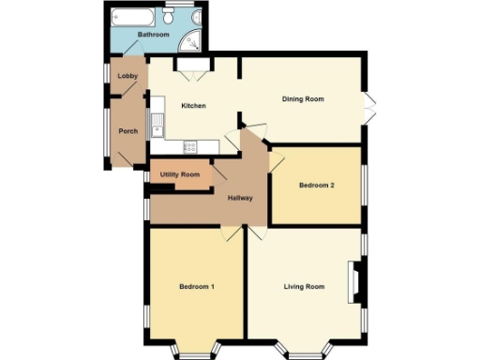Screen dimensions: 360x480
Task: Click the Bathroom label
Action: tap(154, 36)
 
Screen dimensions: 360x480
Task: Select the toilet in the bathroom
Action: tap(169, 19)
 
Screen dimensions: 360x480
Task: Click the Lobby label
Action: tap(127, 76)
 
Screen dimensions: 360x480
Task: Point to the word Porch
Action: tap(127, 130)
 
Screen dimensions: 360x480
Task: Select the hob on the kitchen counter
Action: tap(190, 145)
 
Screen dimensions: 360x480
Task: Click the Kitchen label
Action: tap(193, 106)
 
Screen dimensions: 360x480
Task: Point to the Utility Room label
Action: tap(179, 175)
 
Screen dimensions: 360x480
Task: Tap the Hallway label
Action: tap(240, 198)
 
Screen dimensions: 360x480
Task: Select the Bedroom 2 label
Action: tap(317, 186)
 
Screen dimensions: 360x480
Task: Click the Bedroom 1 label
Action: tap(197, 286)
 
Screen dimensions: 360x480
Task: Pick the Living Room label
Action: tap(304, 286)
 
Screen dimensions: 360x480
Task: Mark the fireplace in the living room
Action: tap(356, 283)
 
